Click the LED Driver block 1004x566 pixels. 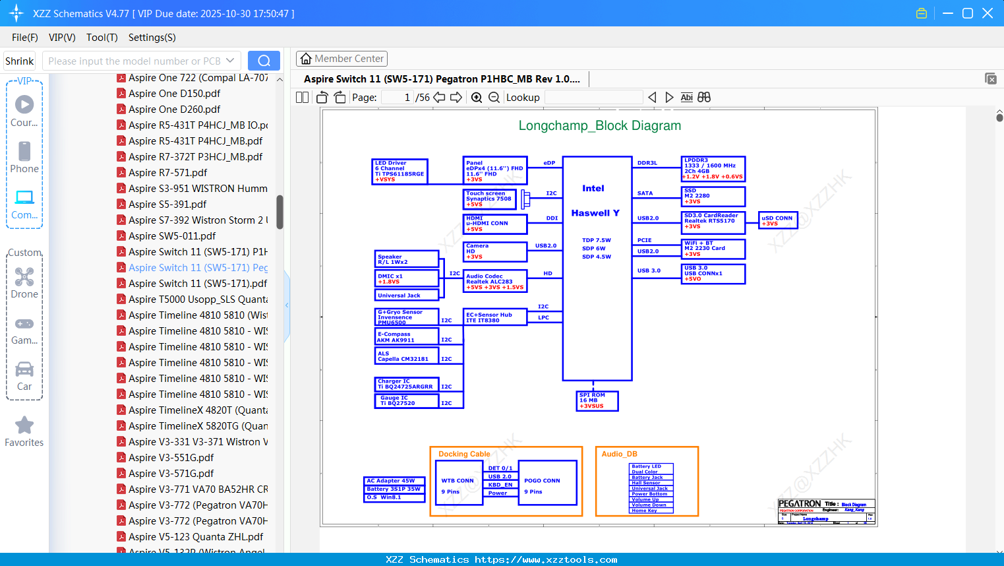(x=399, y=172)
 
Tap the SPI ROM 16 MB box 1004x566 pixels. (x=597, y=400)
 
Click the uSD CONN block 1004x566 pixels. (x=778, y=220)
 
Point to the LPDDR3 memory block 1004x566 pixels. (x=713, y=169)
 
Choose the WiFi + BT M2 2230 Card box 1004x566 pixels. (x=713, y=249)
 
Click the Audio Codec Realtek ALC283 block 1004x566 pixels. (x=494, y=281)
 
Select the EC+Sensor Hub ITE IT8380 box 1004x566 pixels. (x=494, y=317)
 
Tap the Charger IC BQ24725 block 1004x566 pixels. (x=406, y=384)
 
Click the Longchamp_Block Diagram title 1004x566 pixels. (x=599, y=125)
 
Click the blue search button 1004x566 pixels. (x=264, y=61)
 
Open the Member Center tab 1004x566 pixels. (x=341, y=59)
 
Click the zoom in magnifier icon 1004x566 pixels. (x=477, y=98)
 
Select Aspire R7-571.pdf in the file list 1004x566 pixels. (x=167, y=173)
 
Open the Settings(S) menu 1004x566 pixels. (x=152, y=38)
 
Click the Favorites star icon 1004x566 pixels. (x=24, y=425)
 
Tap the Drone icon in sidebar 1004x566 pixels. (x=24, y=277)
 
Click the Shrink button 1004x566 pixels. (x=19, y=61)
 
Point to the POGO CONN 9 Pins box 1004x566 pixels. (x=547, y=483)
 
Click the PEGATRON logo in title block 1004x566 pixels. (x=799, y=504)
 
